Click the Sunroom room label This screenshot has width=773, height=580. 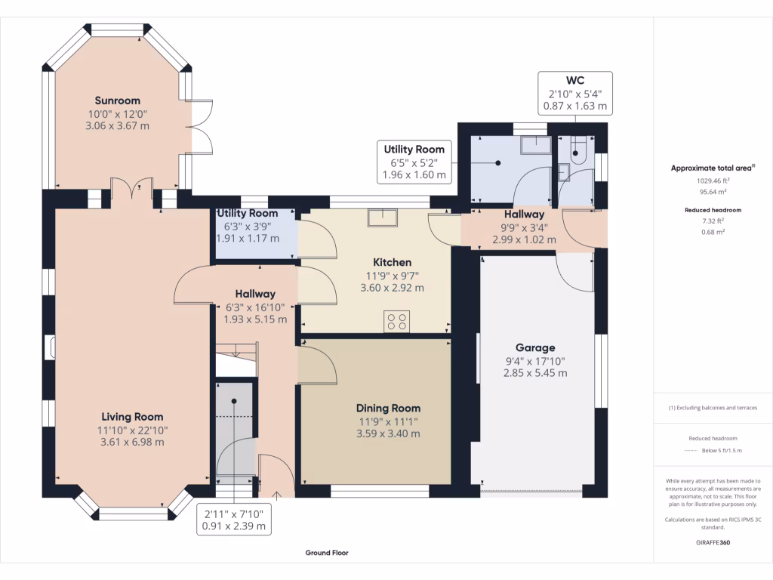117,100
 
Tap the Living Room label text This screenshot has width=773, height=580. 132,417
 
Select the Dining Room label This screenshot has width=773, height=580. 389,409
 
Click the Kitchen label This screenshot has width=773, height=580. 392,262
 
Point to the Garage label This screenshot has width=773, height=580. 535,347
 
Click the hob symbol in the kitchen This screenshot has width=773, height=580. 397,322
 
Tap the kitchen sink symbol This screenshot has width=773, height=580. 383,217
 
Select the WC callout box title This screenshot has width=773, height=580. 575,80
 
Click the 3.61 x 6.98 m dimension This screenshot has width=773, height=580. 132,442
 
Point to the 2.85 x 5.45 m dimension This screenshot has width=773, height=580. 535,373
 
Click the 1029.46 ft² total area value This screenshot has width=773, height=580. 713,181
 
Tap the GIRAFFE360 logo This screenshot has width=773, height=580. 713,542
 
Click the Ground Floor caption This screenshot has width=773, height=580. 327,553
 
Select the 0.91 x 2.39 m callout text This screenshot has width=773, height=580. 234,526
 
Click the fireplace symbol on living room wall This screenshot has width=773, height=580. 52,347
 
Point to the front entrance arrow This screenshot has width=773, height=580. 276,496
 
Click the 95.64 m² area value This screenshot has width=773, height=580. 713,192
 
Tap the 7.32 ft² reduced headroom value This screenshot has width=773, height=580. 713,221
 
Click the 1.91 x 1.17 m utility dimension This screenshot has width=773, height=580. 248,238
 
